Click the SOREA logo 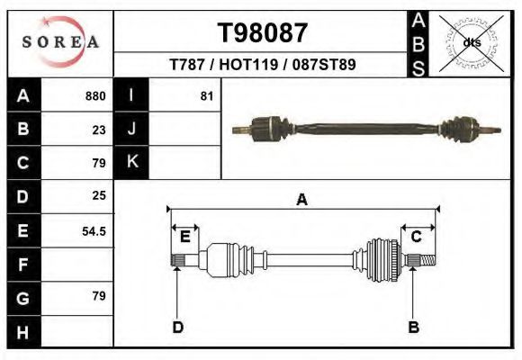coord(60,42)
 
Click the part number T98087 coord(263,33)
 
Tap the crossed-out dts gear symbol coord(472,42)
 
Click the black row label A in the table coord(22,96)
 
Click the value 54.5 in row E coord(94,230)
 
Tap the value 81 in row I coord(206,96)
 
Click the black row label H coord(22,331)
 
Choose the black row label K coord(131,163)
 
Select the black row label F coord(22,265)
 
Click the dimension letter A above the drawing coord(301,200)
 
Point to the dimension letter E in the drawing coord(184,237)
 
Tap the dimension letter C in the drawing coord(417,237)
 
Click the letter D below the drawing coord(177,327)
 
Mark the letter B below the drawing coord(413,327)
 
